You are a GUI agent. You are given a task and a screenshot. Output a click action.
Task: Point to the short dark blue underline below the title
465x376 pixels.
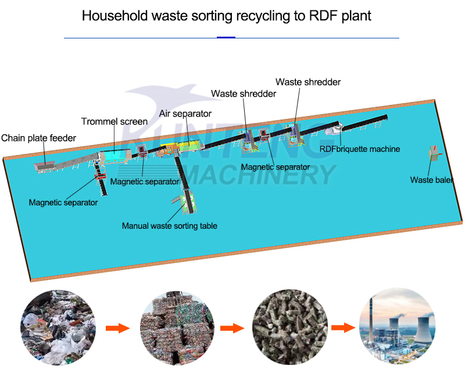tap(226, 37)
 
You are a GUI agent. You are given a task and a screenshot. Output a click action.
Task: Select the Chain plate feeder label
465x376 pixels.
tap(38, 138)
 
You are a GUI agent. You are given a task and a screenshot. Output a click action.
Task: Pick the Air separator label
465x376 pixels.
tap(185, 113)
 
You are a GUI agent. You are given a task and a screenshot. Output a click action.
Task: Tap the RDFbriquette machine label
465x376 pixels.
tap(360, 149)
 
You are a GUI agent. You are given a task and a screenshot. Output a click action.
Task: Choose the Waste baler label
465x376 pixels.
tap(431, 180)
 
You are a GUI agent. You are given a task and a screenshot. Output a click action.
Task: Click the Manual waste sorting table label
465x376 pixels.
tap(169, 225)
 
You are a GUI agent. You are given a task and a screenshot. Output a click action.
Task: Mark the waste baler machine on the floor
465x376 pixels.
tap(434, 154)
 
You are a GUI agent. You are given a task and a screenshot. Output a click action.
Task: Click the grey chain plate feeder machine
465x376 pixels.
tap(44, 166)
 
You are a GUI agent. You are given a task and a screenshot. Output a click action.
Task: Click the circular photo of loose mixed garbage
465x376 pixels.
tap(56, 328)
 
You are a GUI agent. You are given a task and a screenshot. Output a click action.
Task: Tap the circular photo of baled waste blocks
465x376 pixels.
tap(176, 328)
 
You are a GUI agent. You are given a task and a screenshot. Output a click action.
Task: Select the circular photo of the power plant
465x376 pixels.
tap(396, 328)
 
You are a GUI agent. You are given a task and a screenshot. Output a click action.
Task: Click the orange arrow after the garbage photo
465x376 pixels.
tap(117, 328)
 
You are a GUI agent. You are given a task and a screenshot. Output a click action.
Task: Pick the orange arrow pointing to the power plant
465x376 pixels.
tap(343, 328)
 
